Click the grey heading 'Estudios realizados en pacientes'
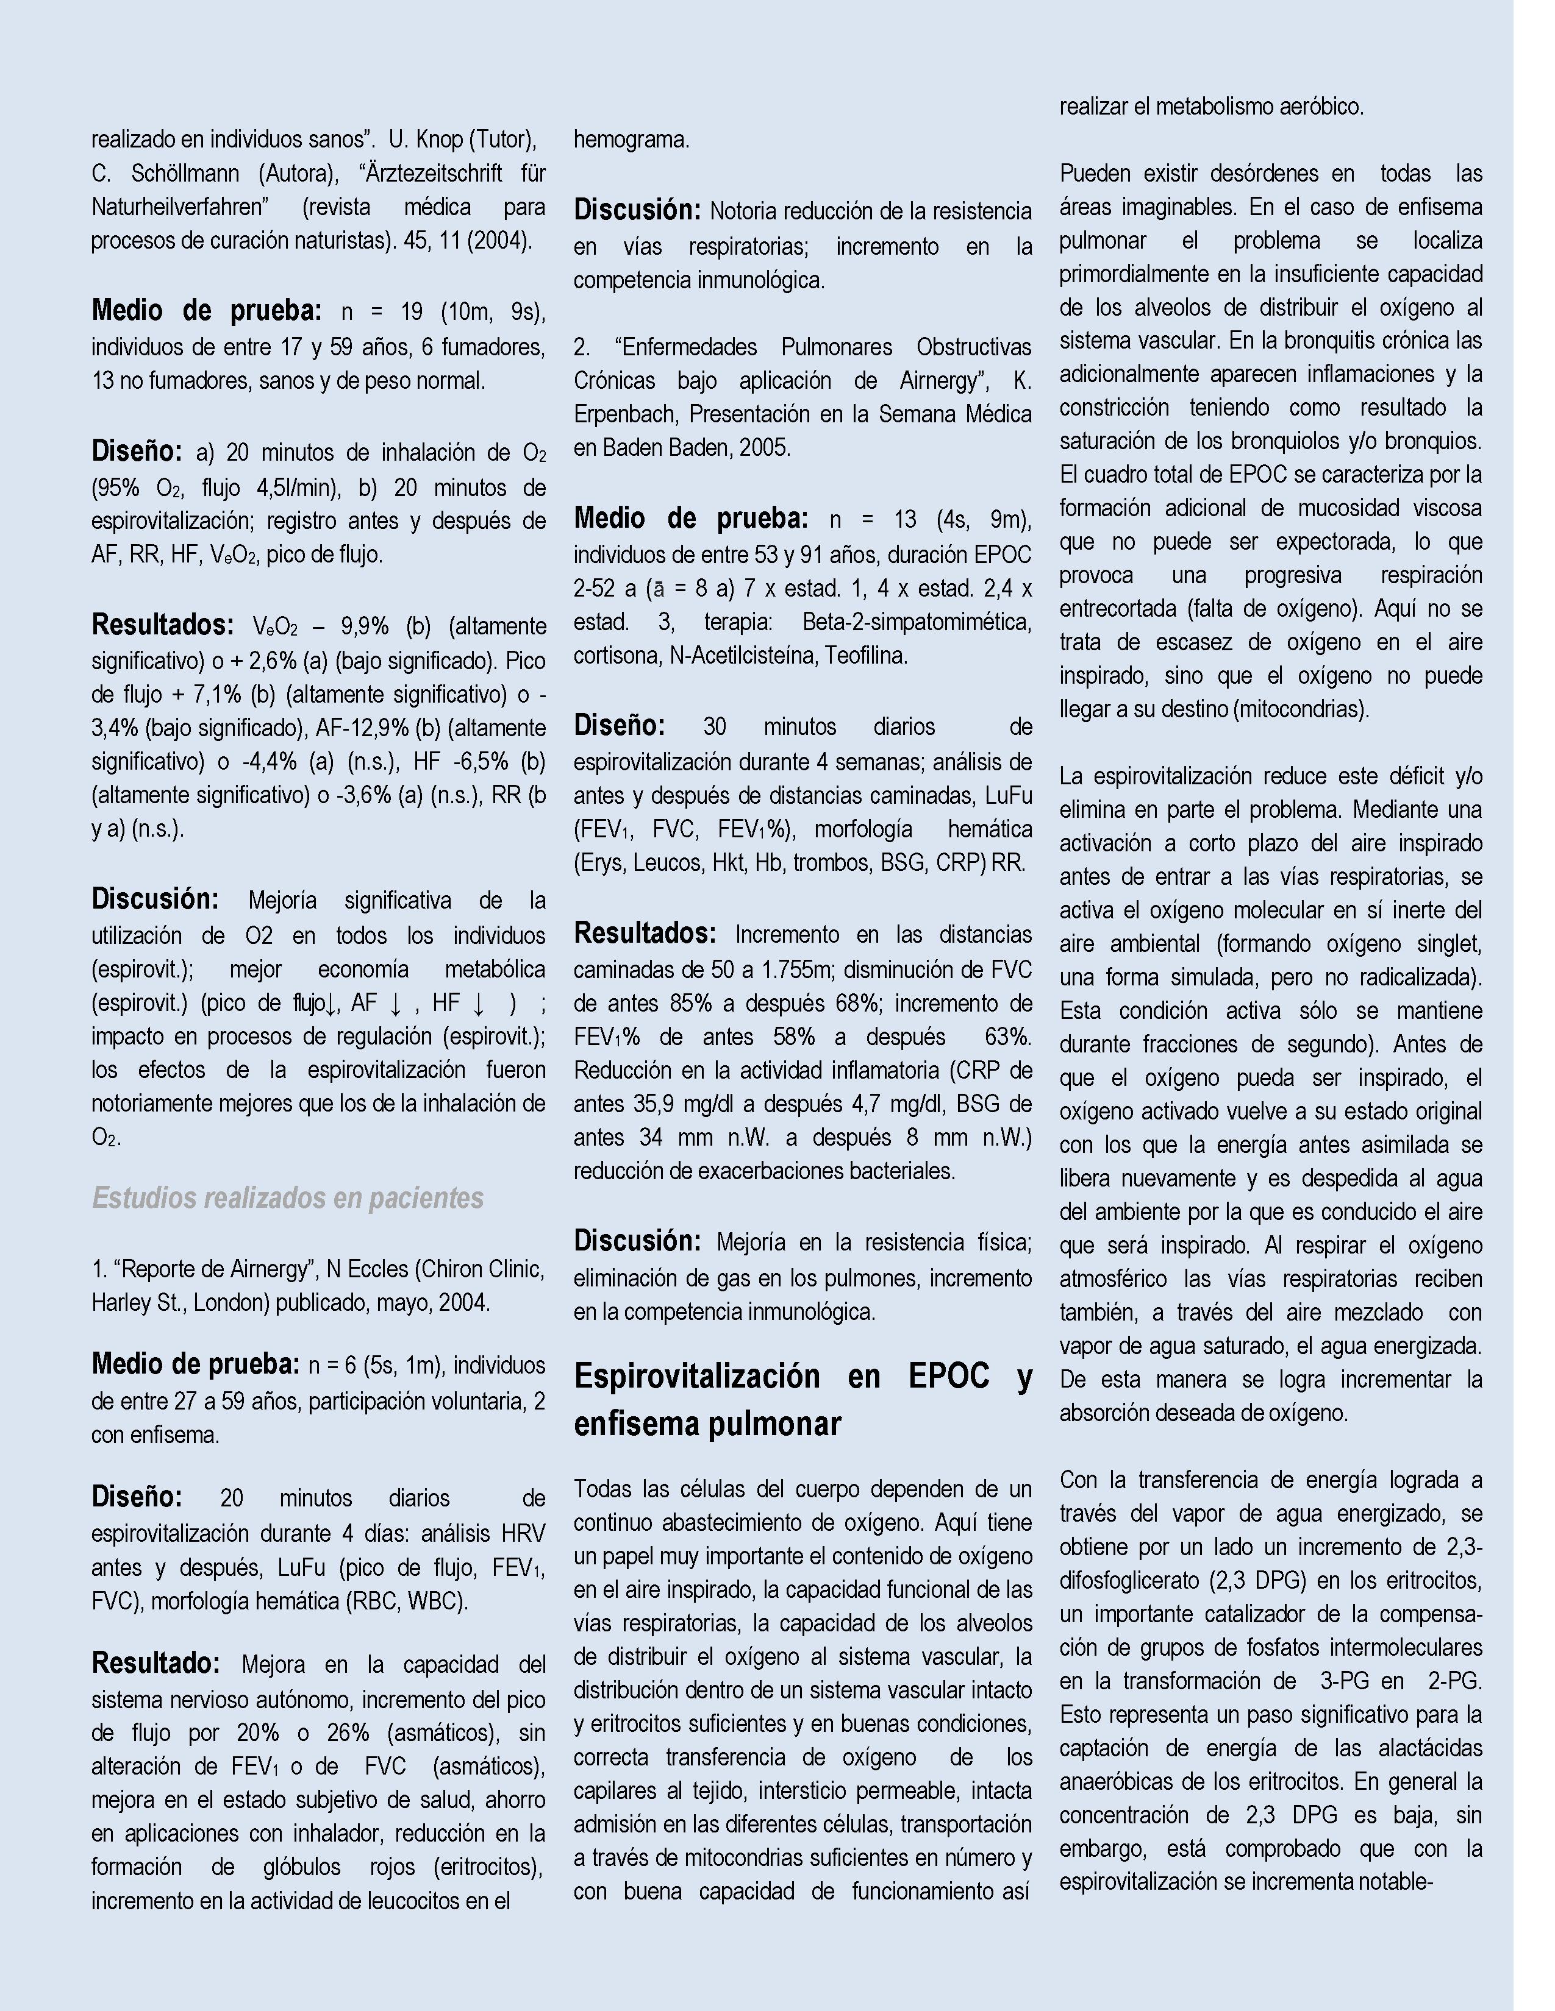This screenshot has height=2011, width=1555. [287, 1198]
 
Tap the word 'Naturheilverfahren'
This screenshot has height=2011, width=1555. [180, 207]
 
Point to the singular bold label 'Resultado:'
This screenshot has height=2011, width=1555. [155, 1663]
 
